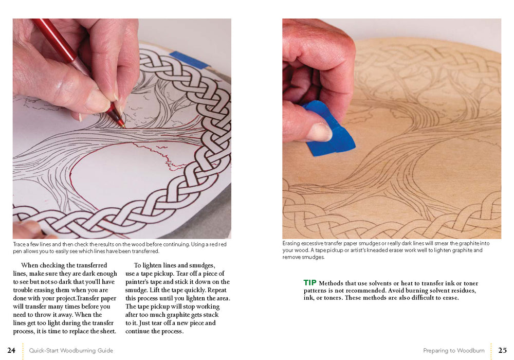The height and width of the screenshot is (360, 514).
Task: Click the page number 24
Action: click(11, 350)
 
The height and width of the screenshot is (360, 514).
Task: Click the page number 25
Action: click(502, 350)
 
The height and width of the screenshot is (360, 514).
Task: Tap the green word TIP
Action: click(310, 283)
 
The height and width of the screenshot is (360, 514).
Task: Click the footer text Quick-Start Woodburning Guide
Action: click(71, 351)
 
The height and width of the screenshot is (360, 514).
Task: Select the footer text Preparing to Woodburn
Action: click(454, 351)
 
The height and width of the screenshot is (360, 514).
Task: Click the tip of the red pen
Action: click(123, 127)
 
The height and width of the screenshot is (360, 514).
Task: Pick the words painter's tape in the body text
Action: click(145, 282)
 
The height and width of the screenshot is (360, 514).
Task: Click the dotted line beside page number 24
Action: click(23, 351)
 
